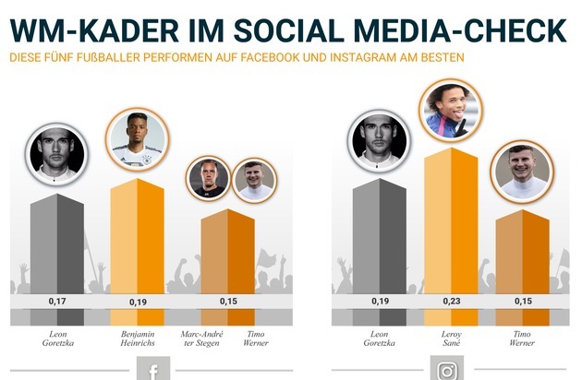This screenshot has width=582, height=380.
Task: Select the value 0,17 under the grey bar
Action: click(58, 301)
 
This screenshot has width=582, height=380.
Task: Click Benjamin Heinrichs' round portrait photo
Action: click(137, 140)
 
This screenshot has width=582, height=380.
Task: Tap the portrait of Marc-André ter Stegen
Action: click(208, 178)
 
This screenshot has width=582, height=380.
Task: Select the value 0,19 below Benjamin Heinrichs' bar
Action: click(137, 301)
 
